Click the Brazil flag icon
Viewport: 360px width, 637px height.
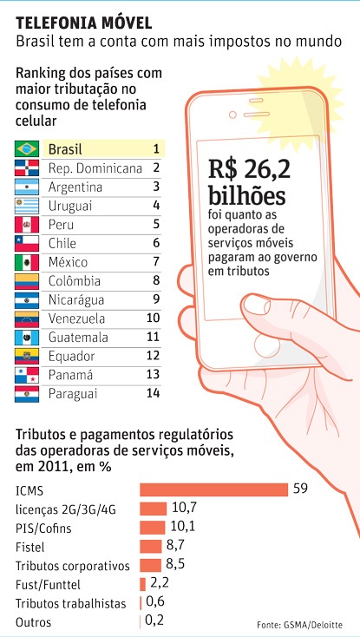coord(27,148)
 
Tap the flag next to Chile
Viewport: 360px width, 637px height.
coord(27,243)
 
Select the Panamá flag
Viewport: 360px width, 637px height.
coord(27,374)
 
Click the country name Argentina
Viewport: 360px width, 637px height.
coord(75,187)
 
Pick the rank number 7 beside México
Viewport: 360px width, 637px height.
coord(156,262)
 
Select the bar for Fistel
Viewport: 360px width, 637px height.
coord(151,546)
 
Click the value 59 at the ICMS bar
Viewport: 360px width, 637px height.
coord(300,489)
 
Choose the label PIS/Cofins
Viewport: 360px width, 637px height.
coord(45,528)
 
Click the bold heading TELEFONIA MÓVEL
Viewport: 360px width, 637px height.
coord(83,20)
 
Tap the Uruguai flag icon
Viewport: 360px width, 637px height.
coord(27,206)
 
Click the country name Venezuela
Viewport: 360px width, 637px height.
coord(78,318)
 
